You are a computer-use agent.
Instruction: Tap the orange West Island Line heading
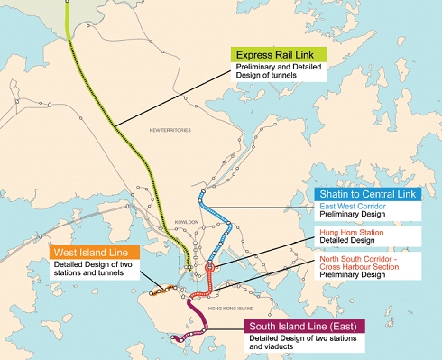tap(89, 253)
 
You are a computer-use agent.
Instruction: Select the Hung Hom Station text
tap(344, 231)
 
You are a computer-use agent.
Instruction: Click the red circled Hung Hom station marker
tap(210, 267)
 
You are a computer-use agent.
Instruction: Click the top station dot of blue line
tap(202, 192)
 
